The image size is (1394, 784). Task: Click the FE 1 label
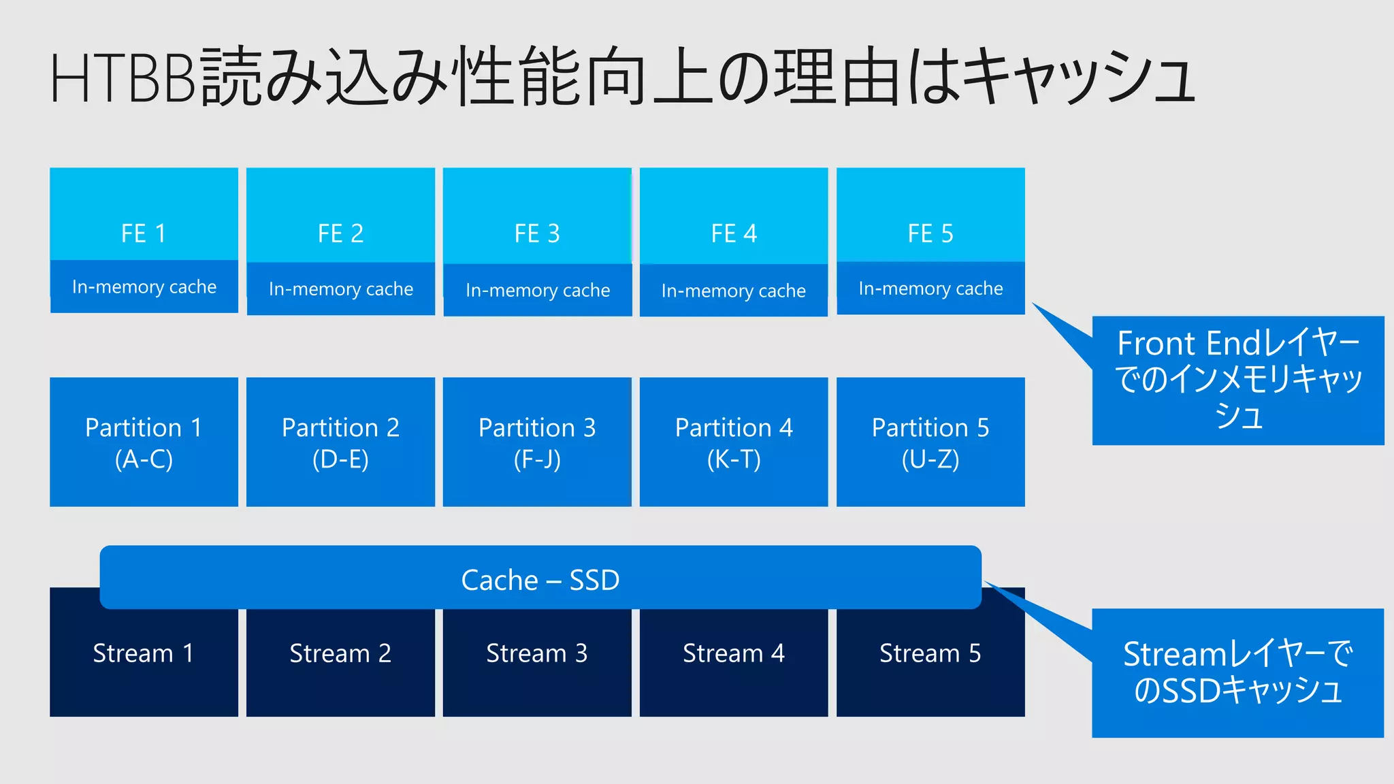pos(144,233)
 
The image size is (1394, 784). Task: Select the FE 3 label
pos(537,233)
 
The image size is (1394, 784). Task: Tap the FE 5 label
pos(930,233)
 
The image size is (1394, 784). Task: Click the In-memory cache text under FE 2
pos(340,289)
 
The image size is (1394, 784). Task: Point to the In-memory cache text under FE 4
pos(733,291)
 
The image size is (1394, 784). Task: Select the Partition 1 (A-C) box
pos(144,442)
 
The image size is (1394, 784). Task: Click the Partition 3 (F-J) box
pos(537,442)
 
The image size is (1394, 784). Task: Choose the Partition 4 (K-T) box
pos(734,442)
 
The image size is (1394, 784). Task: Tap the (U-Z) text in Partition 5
pos(930,459)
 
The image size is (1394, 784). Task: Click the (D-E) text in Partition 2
pos(340,459)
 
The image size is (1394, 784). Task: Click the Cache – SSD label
pos(540,580)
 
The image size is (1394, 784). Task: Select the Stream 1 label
pos(144,653)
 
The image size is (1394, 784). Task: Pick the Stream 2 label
pos(340,653)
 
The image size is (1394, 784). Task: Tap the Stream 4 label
pos(734,653)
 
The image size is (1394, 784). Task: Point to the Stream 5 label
pos(930,653)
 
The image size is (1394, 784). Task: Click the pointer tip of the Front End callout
pos(1034,304)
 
